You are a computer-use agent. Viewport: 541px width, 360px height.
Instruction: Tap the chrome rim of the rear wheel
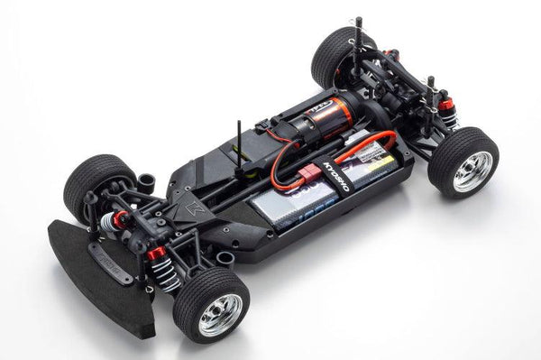point(473,171)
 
